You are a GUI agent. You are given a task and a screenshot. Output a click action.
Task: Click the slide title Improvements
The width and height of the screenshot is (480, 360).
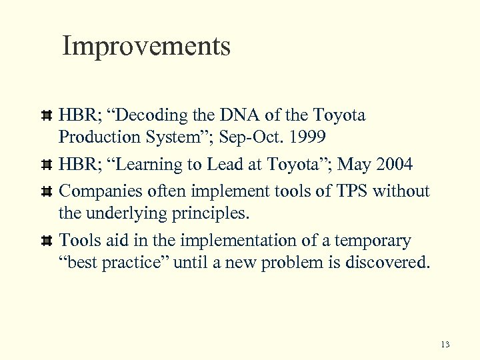[x=146, y=47]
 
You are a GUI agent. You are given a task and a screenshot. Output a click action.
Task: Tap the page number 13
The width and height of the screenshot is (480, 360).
[x=445, y=345]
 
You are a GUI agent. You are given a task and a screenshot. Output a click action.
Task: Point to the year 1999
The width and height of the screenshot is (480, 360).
[x=309, y=137]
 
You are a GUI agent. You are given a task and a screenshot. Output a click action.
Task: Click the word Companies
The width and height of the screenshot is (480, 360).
[x=99, y=192]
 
